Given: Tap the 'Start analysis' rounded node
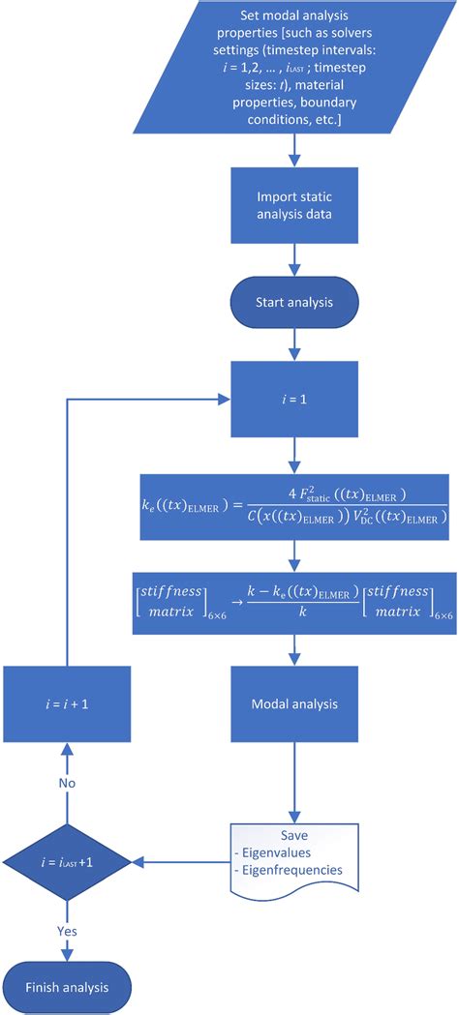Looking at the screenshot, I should pyautogui.click(x=293, y=302).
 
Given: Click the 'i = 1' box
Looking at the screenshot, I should pyautogui.click(x=293, y=400).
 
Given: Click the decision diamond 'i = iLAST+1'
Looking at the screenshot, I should pyautogui.click(x=66, y=859).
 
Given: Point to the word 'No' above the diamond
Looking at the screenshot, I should pyautogui.click(x=66, y=780).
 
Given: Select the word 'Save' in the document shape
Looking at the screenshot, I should pyautogui.click(x=293, y=834).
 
